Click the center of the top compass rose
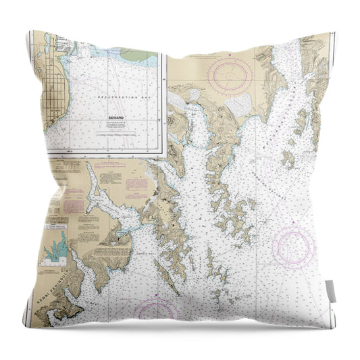tap(230, 76)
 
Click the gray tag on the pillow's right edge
tap(330, 290)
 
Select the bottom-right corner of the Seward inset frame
tap(166, 155)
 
